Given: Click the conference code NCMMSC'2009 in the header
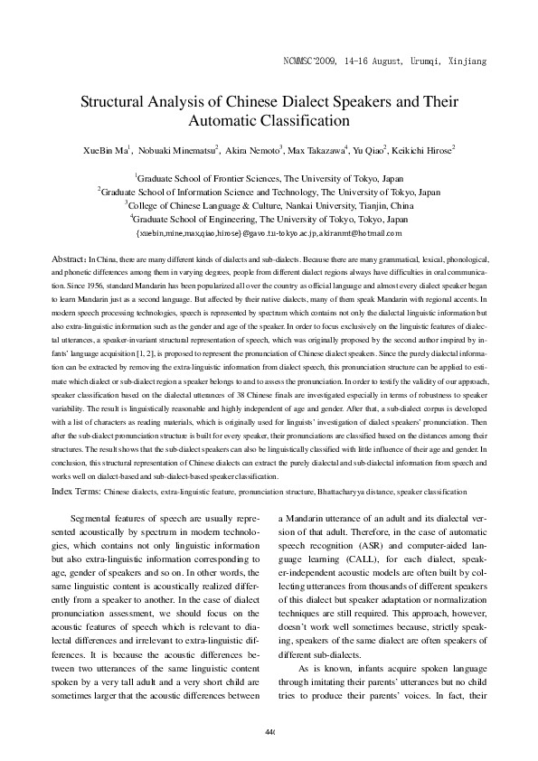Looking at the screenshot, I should click(x=313, y=61).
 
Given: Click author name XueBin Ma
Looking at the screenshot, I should click(x=108, y=150).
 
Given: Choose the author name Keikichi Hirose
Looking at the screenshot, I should click(x=425, y=150).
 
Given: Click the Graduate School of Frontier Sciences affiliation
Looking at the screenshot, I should click(x=269, y=179).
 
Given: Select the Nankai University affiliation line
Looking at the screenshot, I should click(x=269, y=205).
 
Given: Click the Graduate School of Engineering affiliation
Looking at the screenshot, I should click(x=269, y=219).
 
